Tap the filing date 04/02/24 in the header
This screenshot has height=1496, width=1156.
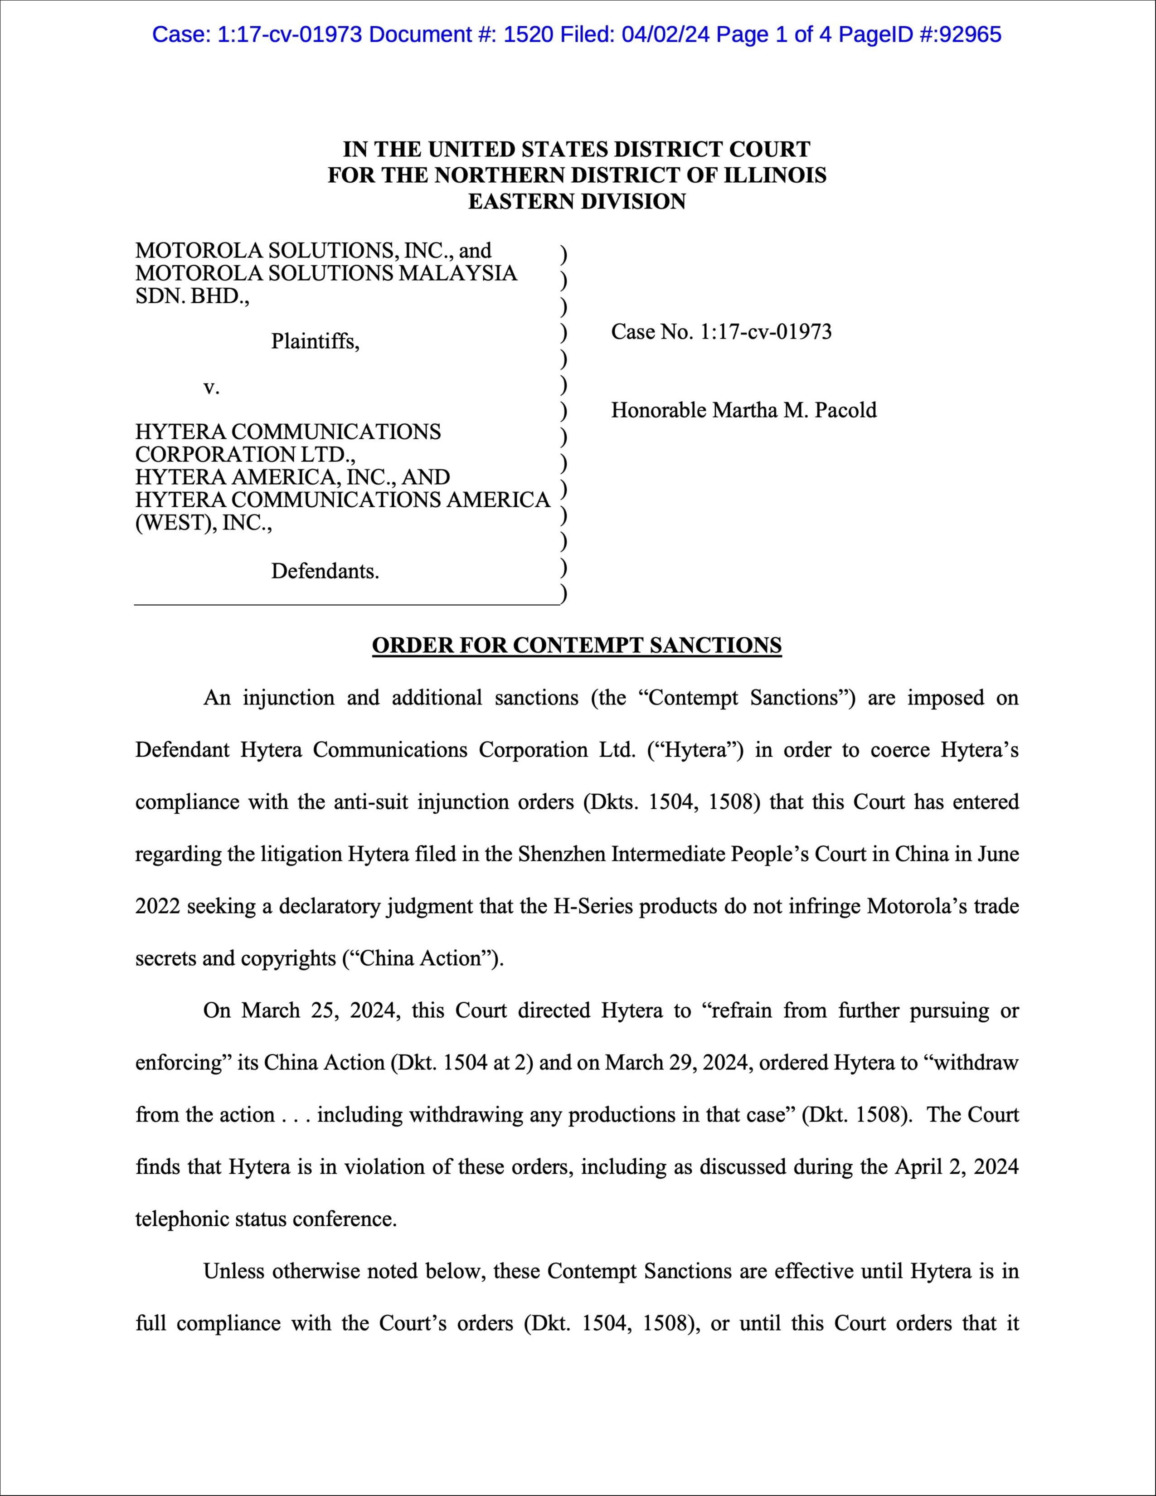662,34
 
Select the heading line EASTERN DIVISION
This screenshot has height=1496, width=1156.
577,201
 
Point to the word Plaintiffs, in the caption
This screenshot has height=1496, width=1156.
315,341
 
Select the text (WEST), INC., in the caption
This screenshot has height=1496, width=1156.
204,523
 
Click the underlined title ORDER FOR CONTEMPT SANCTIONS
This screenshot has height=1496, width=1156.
577,645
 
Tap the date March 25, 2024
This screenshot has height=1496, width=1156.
321,1011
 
